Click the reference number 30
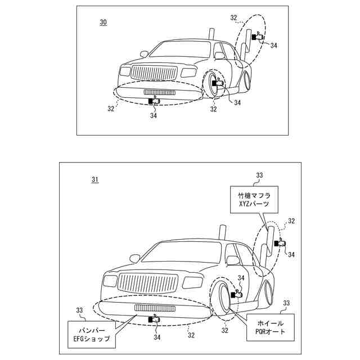coord(103,22)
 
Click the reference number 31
coord(95,180)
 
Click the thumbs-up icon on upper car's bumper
coord(154,100)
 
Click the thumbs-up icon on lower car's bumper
coord(154,318)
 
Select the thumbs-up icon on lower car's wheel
coord(236,294)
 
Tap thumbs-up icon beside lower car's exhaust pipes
coord(280,243)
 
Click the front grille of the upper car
coord(154,73)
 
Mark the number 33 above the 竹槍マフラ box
coord(259,175)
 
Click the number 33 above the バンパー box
coord(79,310)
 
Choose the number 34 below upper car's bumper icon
coord(153,115)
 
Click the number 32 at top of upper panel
coord(233,17)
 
